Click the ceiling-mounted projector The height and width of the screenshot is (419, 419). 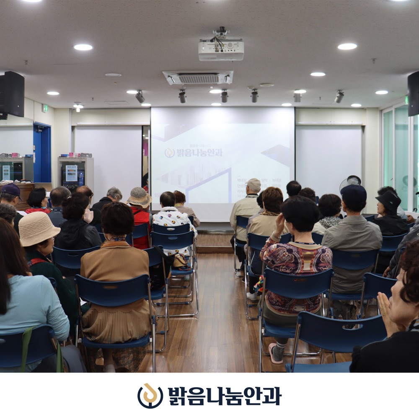221,49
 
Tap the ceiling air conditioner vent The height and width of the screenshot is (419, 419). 198,78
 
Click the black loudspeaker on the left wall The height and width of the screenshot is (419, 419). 12,94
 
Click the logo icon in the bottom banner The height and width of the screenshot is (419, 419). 150,396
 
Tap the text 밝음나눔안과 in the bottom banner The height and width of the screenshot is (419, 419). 225,396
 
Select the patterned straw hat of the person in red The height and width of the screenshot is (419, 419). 140,197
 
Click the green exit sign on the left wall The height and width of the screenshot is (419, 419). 44,108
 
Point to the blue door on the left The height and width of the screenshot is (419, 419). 42,153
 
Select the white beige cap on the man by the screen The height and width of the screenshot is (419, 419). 253,184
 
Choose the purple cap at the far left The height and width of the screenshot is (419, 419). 10,190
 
